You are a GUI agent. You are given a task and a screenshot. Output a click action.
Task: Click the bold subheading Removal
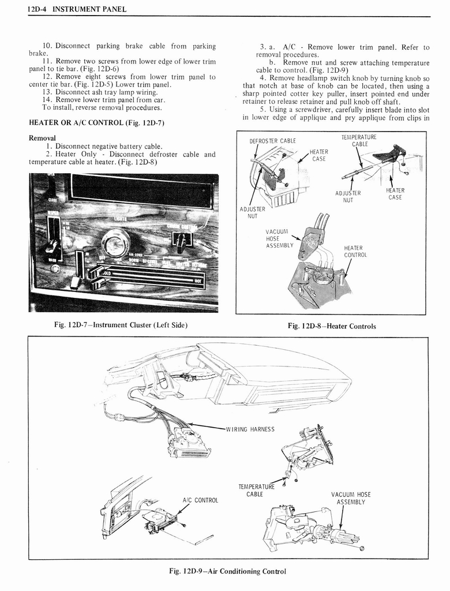(x=42, y=138)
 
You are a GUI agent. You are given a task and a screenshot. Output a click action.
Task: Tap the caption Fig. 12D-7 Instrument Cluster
(x=121, y=324)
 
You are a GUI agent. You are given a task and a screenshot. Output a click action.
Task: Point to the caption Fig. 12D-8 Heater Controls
(x=331, y=326)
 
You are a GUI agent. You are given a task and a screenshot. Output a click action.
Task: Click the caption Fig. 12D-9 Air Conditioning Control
(x=227, y=571)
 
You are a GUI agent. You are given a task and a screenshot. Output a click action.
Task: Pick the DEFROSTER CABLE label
(x=272, y=141)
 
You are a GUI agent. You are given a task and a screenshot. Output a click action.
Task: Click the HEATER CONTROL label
(x=355, y=251)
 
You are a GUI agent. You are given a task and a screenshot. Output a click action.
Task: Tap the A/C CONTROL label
(x=200, y=500)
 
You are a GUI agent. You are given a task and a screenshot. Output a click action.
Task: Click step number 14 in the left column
(x=47, y=99)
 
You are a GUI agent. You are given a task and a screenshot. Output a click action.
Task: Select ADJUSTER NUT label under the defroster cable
(x=253, y=212)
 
